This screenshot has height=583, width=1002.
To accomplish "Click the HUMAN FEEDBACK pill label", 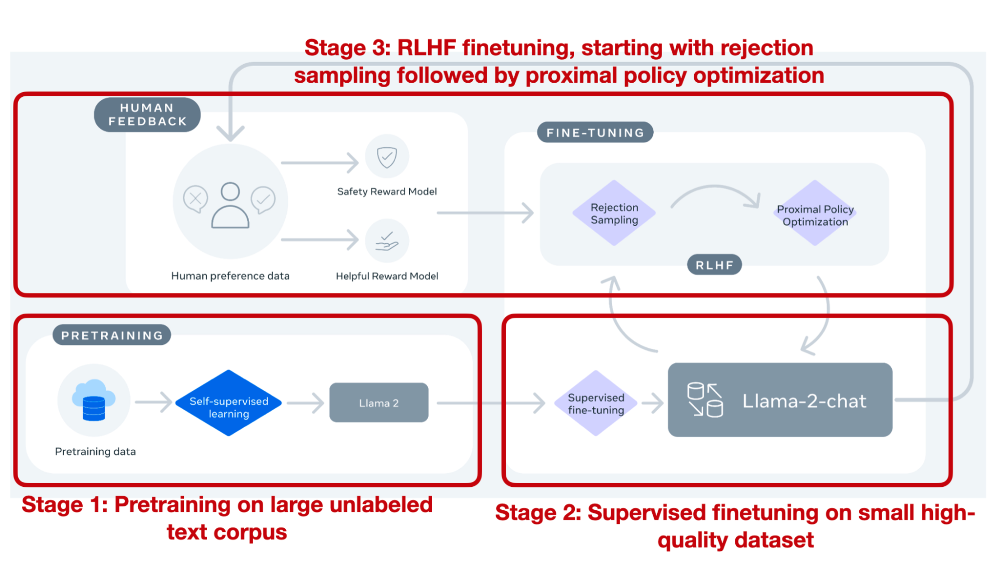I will pos(147,115).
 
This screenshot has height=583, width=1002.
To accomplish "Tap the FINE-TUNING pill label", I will pos(595,132).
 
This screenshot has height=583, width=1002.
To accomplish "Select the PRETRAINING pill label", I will pos(112,335).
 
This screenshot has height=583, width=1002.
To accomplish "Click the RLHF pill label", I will pos(714,265).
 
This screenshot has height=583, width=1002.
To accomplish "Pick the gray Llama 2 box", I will pos(378,403).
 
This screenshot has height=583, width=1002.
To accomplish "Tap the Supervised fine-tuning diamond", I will pos(595,404).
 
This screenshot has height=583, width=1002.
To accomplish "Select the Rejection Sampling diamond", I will pos(614,213).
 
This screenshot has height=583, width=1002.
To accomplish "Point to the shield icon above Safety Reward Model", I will pos(387,156).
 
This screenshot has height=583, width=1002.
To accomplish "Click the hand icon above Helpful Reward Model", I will pos(387,241).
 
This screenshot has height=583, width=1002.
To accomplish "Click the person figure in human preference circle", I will pos(230,206).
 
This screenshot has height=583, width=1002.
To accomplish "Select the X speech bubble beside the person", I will pos(195,199).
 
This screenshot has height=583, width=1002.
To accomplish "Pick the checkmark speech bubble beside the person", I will pos(263,200).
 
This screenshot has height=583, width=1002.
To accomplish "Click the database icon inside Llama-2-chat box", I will pos(705,400).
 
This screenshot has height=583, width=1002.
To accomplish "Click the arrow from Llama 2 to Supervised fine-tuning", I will pos(491,403).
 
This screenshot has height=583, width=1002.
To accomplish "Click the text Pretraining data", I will pos(95,451).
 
